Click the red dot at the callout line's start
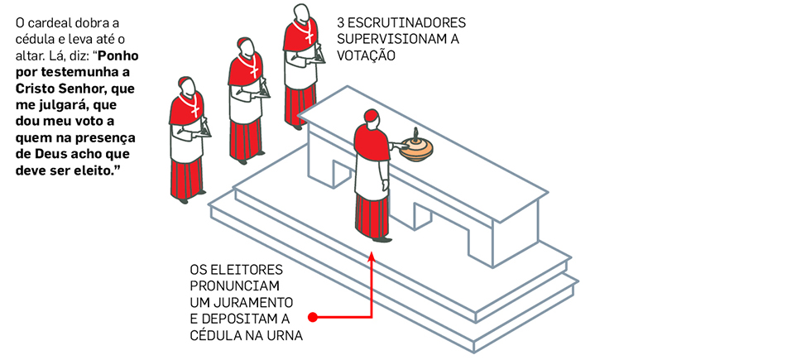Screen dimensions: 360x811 tap(313, 316)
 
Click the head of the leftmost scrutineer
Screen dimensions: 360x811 tap(187, 86)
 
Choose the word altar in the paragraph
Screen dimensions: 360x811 tap(28, 55)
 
